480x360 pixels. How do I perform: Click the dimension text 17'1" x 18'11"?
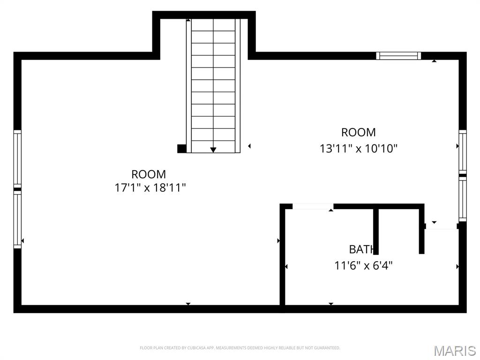pyautogui.click(x=150, y=188)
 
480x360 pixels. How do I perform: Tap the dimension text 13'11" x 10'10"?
pyautogui.click(x=359, y=149)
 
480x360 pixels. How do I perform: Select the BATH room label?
pyautogui.click(x=362, y=249)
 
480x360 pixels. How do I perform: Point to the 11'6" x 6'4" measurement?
pyautogui.click(x=363, y=266)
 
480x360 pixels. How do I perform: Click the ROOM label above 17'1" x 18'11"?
pyautogui.click(x=149, y=174)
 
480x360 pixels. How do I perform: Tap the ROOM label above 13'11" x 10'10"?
pyautogui.click(x=359, y=132)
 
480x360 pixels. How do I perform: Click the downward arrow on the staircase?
pyautogui.click(x=213, y=149)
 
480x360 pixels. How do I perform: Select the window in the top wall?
pyautogui.click(x=398, y=56)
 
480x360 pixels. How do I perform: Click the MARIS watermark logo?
pyautogui.click(x=454, y=351)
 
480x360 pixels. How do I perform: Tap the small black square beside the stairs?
pyautogui.click(x=182, y=149)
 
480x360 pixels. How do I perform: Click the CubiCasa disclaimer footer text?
pyautogui.click(x=240, y=348)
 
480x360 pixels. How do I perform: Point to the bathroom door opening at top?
pyautogui.click(x=313, y=206)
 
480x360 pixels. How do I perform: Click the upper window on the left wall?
pyautogui.click(x=17, y=158)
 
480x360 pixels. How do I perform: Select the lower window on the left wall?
pyautogui.click(x=17, y=219)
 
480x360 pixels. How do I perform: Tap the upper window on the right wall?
pyautogui.click(x=463, y=151)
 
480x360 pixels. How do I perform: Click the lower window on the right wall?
pyautogui.click(x=463, y=200)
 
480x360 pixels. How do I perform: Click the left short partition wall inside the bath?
pyautogui.click(x=376, y=231)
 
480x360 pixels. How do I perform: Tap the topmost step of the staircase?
pyautogui.click(x=213, y=25)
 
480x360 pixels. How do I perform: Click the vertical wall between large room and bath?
pyautogui.click(x=282, y=255)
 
